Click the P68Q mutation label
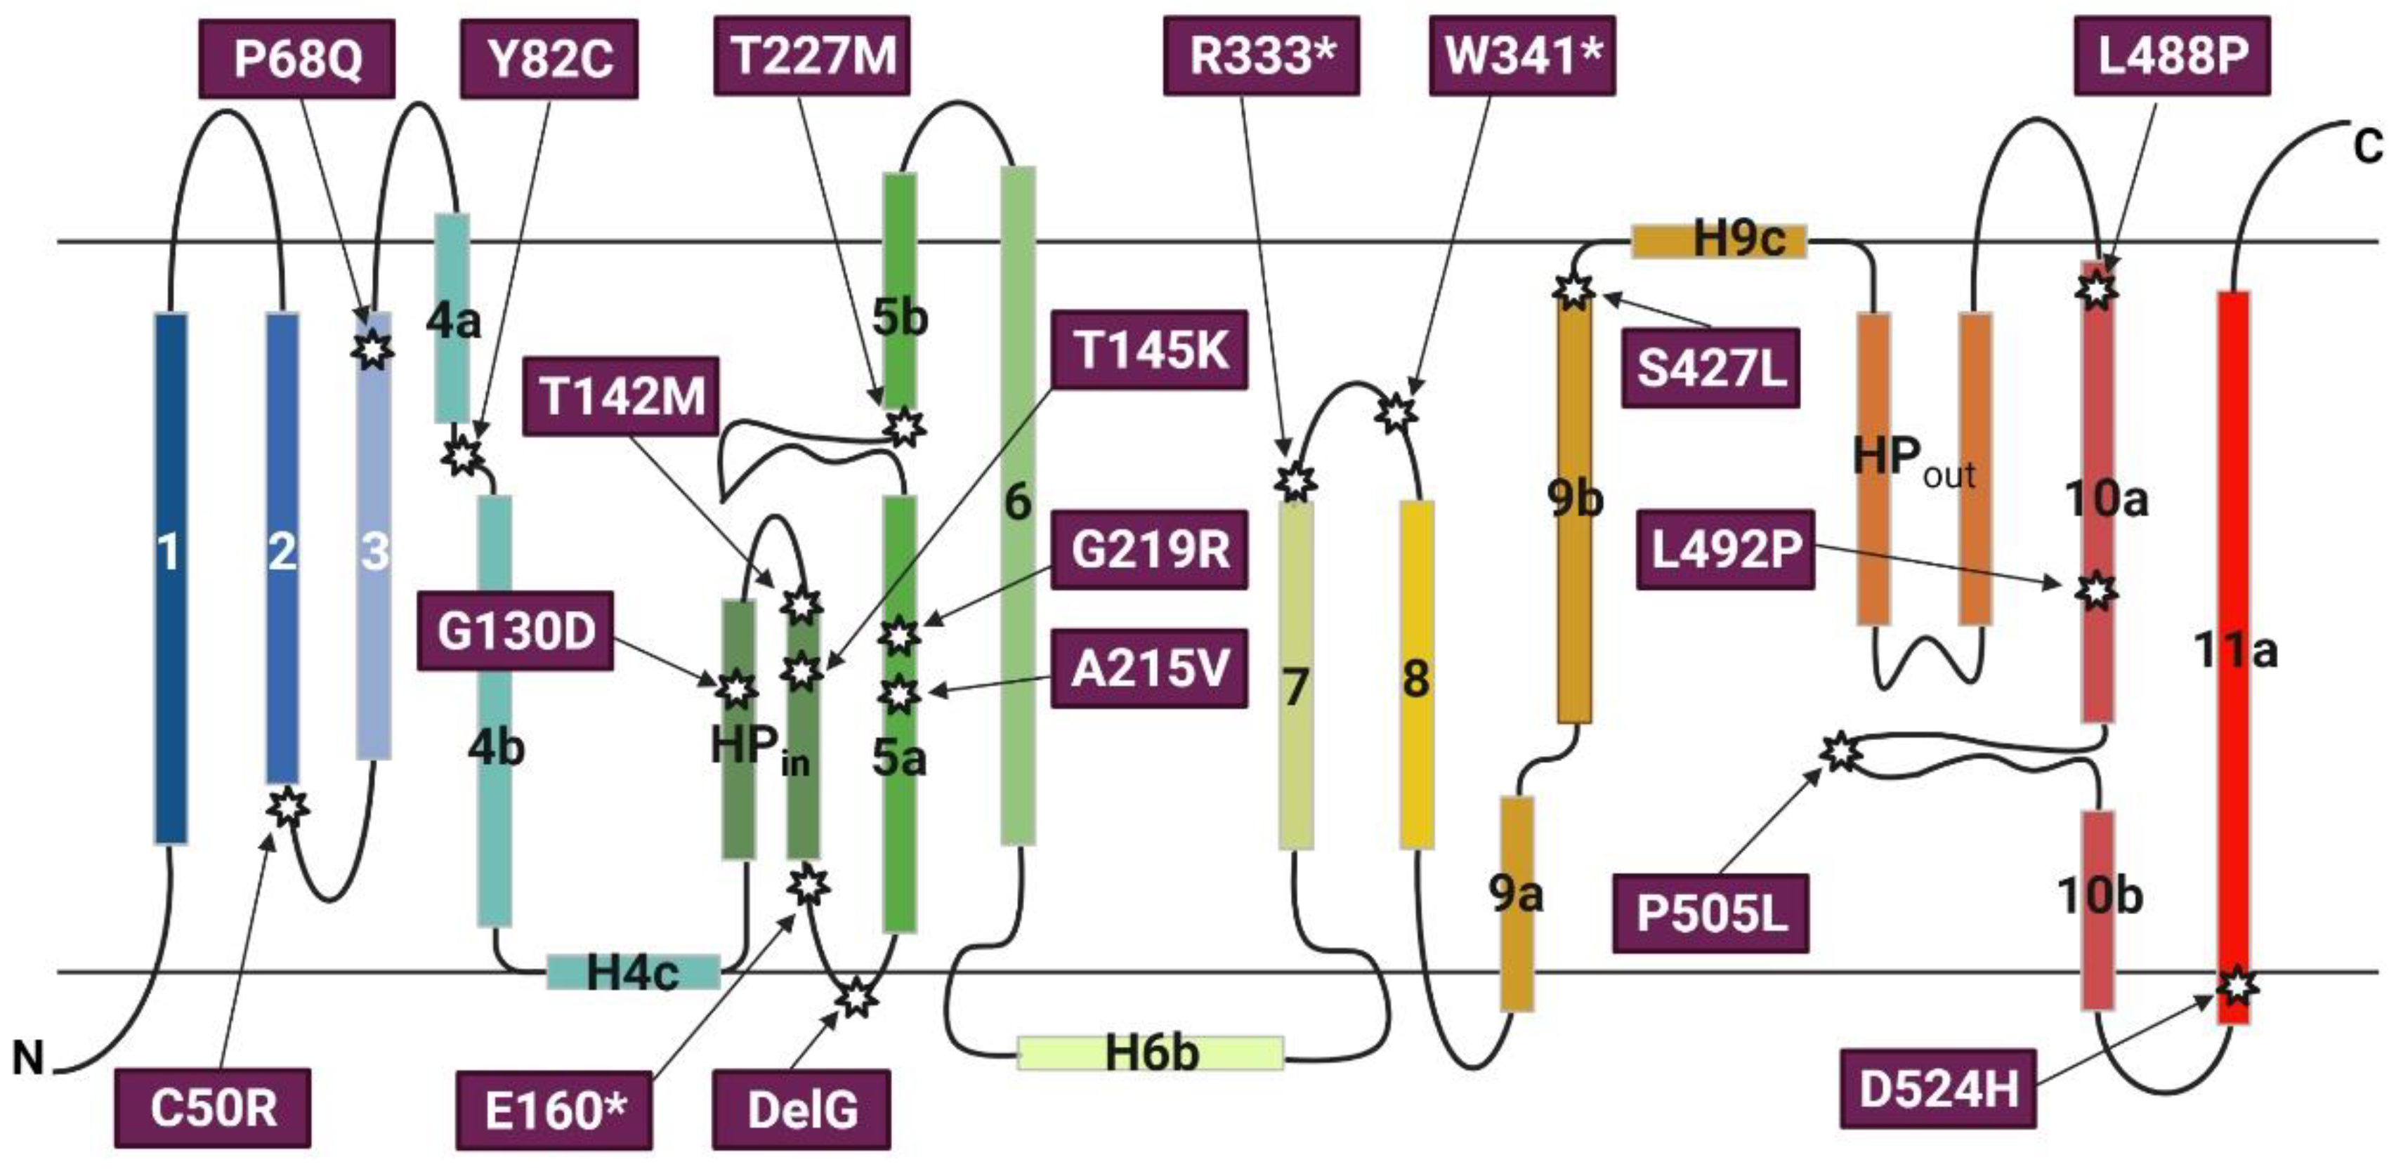click(296, 58)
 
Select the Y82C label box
click(549, 58)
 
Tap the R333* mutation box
click(1262, 55)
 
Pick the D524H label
click(1939, 1088)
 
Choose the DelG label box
click(801, 1109)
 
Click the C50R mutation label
click(213, 1108)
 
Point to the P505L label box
click(1710, 913)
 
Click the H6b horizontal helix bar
click(1151, 1052)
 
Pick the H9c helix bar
click(1719, 241)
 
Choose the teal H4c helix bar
click(632, 972)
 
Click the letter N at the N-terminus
click(28, 1057)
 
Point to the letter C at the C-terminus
click(2367, 147)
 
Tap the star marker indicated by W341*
click(1395, 412)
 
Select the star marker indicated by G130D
click(735, 689)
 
